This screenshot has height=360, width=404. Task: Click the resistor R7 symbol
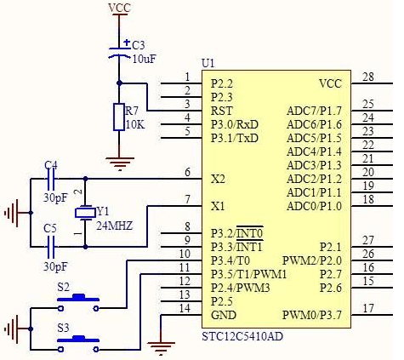click(119, 117)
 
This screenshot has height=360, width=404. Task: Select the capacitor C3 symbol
click(119, 52)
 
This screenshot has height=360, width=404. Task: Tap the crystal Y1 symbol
click(85, 213)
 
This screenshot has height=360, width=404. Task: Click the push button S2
click(78, 302)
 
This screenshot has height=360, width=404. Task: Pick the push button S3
click(78, 344)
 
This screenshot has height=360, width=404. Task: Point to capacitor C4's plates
click(51, 179)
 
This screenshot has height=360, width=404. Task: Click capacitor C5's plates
click(51, 247)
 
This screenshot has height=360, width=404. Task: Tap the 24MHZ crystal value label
click(115, 226)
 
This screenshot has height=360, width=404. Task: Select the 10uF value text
click(145, 59)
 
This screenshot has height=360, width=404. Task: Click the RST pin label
click(222, 111)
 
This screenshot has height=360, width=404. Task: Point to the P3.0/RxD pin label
click(235, 124)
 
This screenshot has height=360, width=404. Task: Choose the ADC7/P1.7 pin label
click(314, 111)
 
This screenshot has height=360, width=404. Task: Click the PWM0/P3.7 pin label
click(312, 315)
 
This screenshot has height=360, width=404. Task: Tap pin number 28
click(368, 77)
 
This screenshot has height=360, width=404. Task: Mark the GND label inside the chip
click(224, 315)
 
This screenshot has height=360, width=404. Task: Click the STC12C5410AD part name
click(242, 337)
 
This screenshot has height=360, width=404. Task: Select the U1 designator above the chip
click(208, 64)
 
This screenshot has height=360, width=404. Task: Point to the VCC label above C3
click(119, 8)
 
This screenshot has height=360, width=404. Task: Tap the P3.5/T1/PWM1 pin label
click(249, 274)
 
